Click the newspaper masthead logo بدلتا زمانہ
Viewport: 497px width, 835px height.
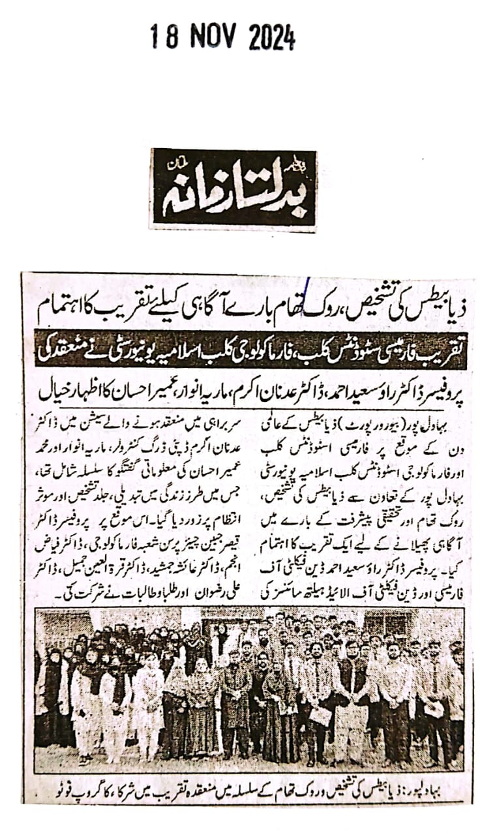pyautogui.click(x=233, y=189)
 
